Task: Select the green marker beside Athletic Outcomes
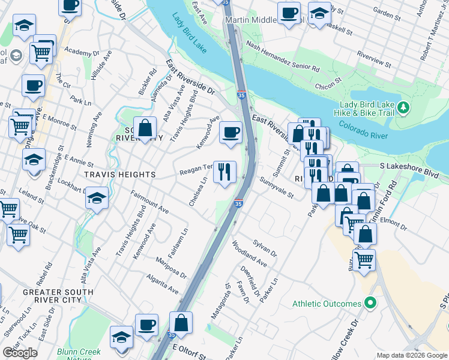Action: (370, 304)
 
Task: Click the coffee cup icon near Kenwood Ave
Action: (230, 132)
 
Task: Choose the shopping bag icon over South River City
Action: (145, 127)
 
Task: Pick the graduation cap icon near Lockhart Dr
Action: (97, 198)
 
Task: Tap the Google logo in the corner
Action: (20, 353)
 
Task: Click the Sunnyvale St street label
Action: (276, 187)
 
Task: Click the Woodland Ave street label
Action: (249, 254)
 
